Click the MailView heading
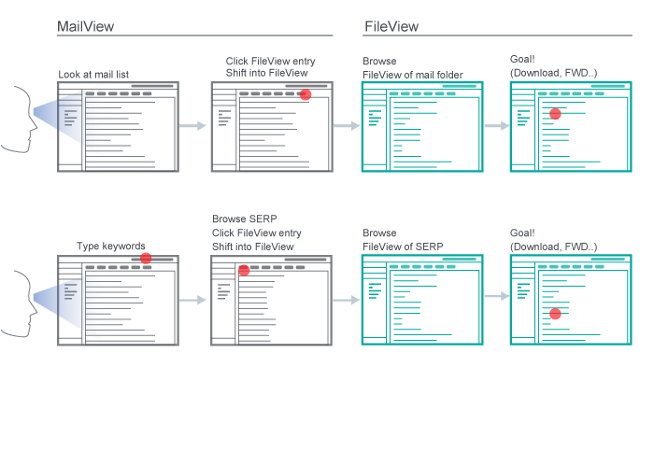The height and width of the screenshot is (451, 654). [x=85, y=27]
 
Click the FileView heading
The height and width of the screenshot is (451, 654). [x=390, y=27]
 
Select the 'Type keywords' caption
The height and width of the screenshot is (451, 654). [x=110, y=247]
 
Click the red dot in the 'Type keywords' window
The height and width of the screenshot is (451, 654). [x=146, y=258]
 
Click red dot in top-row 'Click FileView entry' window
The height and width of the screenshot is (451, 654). [x=305, y=94]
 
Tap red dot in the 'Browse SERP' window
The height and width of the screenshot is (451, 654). [x=243, y=270]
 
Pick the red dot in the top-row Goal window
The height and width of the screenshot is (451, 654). [x=555, y=113]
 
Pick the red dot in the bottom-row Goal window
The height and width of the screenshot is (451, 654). [x=555, y=314]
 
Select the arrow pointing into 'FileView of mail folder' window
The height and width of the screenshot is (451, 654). [x=346, y=126]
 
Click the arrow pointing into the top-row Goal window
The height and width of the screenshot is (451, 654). [x=495, y=126]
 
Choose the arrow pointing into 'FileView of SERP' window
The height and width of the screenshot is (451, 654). [x=346, y=300]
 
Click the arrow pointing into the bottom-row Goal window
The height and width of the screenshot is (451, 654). [x=495, y=297]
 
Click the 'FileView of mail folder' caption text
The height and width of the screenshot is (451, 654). [x=412, y=75]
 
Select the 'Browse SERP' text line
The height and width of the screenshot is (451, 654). [x=244, y=218]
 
